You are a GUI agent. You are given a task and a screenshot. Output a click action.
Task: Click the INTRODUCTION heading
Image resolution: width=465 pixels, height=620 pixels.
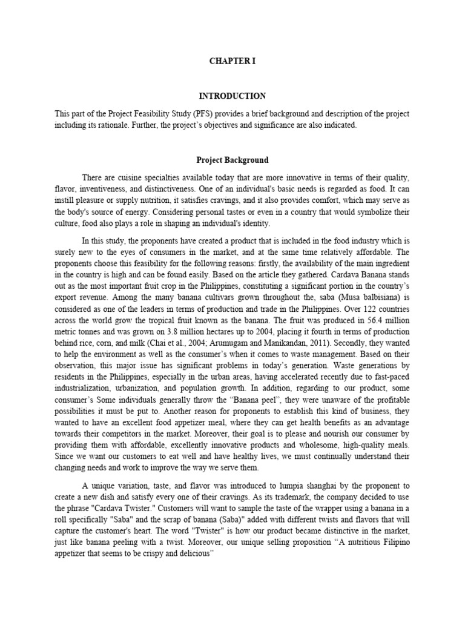[232, 96]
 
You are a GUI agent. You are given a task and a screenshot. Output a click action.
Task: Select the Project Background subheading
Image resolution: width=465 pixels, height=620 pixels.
[232, 160]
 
